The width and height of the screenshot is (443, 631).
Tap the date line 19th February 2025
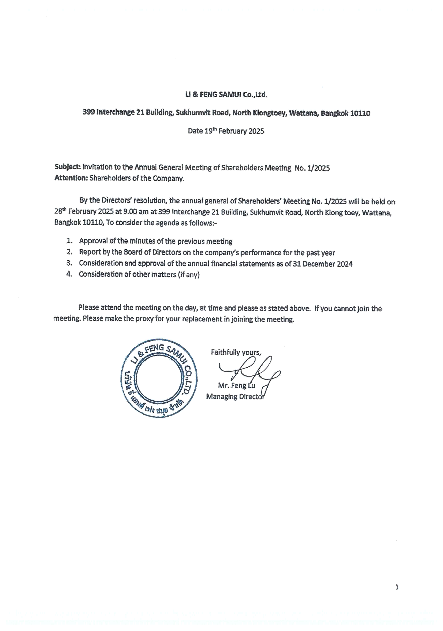click(226, 131)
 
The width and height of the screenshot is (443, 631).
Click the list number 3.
click(69, 263)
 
